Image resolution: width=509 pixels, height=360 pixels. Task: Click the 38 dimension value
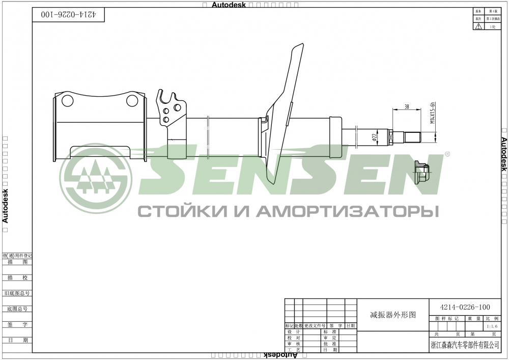(407, 107)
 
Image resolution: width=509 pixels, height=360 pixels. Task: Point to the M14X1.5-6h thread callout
(432, 114)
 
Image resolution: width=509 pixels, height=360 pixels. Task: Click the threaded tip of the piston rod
(413, 137)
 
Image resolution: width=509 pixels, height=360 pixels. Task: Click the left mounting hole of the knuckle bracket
(68, 100)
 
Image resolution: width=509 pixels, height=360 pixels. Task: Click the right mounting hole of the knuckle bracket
(132, 100)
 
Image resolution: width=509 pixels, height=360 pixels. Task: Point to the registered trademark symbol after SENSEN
(447, 153)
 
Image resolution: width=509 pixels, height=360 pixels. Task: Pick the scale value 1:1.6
(492, 326)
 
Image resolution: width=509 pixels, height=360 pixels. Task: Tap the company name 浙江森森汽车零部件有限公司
(465, 345)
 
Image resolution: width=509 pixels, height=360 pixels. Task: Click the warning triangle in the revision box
(478, 26)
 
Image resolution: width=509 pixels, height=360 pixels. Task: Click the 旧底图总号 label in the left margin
(17, 293)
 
